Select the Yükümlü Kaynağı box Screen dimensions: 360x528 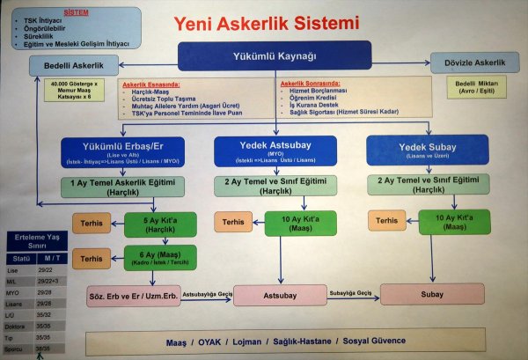coord(274,56)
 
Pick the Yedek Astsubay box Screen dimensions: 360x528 coord(275,151)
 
